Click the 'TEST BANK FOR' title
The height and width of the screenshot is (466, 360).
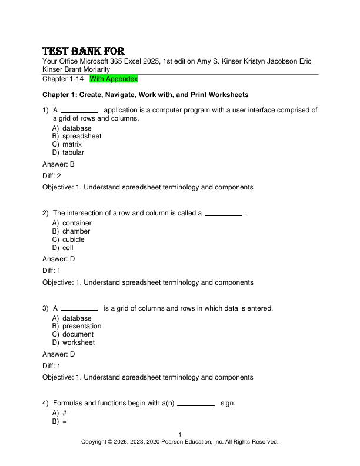[x=83, y=51]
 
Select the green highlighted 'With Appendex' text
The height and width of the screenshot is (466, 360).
[x=114, y=78]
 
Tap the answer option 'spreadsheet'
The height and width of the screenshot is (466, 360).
[x=82, y=136]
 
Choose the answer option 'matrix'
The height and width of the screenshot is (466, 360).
[x=72, y=144]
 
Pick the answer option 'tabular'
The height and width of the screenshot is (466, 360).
[x=73, y=152]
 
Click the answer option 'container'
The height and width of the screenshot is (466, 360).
[x=76, y=223]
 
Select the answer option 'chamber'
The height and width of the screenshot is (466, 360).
[x=76, y=231]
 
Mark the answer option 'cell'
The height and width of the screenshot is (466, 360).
[x=68, y=248]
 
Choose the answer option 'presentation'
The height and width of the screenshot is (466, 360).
[x=82, y=326]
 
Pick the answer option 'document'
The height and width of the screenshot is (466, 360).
[x=78, y=334]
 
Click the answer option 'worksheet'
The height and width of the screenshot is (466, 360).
[x=78, y=342]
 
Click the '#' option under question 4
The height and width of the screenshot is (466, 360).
[x=64, y=414]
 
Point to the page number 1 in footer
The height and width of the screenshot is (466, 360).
[x=180, y=435]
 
